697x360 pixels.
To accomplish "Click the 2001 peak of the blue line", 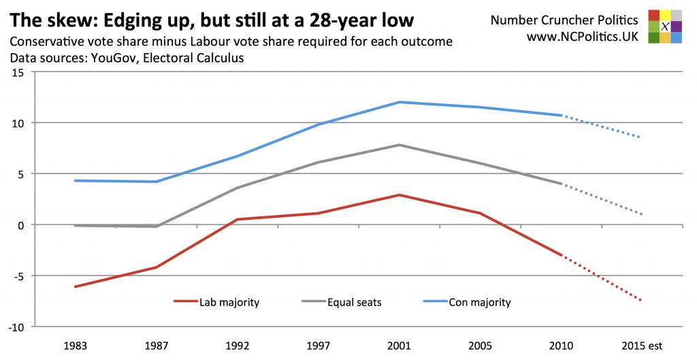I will [400, 102].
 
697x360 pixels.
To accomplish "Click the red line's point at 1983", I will [76, 287].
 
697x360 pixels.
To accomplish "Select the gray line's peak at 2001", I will [400, 145].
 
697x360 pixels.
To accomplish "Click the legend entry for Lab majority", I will [216, 302].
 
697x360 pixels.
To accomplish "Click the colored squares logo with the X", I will [665, 27].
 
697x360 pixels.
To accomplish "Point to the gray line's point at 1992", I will [238, 188].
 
